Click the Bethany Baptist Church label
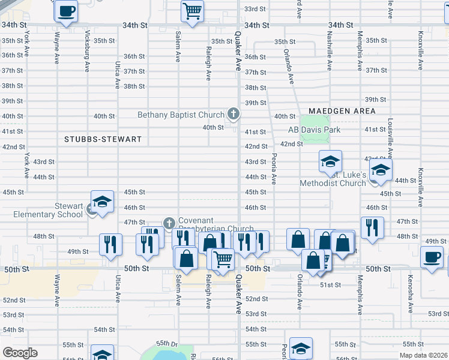click(181, 115)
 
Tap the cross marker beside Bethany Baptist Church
click(234, 113)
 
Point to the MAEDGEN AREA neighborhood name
click(342, 111)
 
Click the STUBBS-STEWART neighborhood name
click(103, 139)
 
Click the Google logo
click(20, 353)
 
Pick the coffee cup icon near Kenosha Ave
click(432, 258)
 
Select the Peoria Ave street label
click(274, 169)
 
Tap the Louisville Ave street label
click(390, 137)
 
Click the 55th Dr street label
click(167, 344)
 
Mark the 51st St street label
click(331, 284)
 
